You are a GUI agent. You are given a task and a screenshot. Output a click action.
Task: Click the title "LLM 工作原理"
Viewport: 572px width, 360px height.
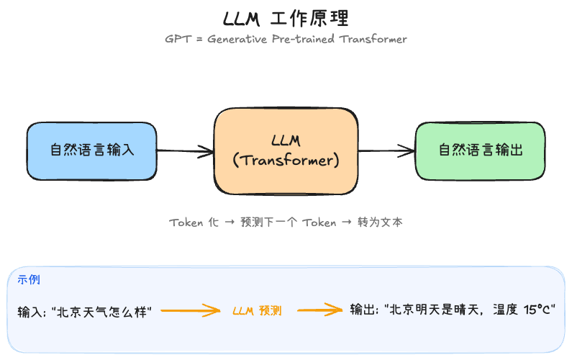click(x=286, y=17)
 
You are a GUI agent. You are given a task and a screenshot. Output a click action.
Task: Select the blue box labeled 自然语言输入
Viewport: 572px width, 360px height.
click(x=92, y=150)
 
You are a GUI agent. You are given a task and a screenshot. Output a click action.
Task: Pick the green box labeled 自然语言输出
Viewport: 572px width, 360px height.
click(x=480, y=150)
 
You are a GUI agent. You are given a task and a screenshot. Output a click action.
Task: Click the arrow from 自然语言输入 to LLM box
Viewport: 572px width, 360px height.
click(x=185, y=150)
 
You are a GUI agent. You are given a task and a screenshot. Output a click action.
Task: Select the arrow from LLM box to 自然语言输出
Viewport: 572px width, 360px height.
click(x=386, y=150)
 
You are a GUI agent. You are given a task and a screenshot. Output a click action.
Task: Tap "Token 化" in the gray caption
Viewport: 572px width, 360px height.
click(x=194, y=222)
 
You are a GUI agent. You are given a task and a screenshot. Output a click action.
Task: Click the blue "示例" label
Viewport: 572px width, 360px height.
click(x=29, y=280)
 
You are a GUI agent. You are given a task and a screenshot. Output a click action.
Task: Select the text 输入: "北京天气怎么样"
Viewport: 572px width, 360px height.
click(x=85, y=312)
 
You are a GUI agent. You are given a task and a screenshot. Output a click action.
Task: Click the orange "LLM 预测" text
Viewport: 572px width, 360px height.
click(x=257, y=311)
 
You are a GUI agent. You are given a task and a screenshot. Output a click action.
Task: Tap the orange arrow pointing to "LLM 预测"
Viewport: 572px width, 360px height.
click(x=190, y=311)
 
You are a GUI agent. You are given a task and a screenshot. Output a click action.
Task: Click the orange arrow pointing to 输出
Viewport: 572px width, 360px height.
click(x=320, y=310)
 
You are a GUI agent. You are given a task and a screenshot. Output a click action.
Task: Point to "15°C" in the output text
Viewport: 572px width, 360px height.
click(x=541, y=310)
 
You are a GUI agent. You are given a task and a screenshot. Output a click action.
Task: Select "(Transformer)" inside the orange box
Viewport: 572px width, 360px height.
click(x=286, y=161)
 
